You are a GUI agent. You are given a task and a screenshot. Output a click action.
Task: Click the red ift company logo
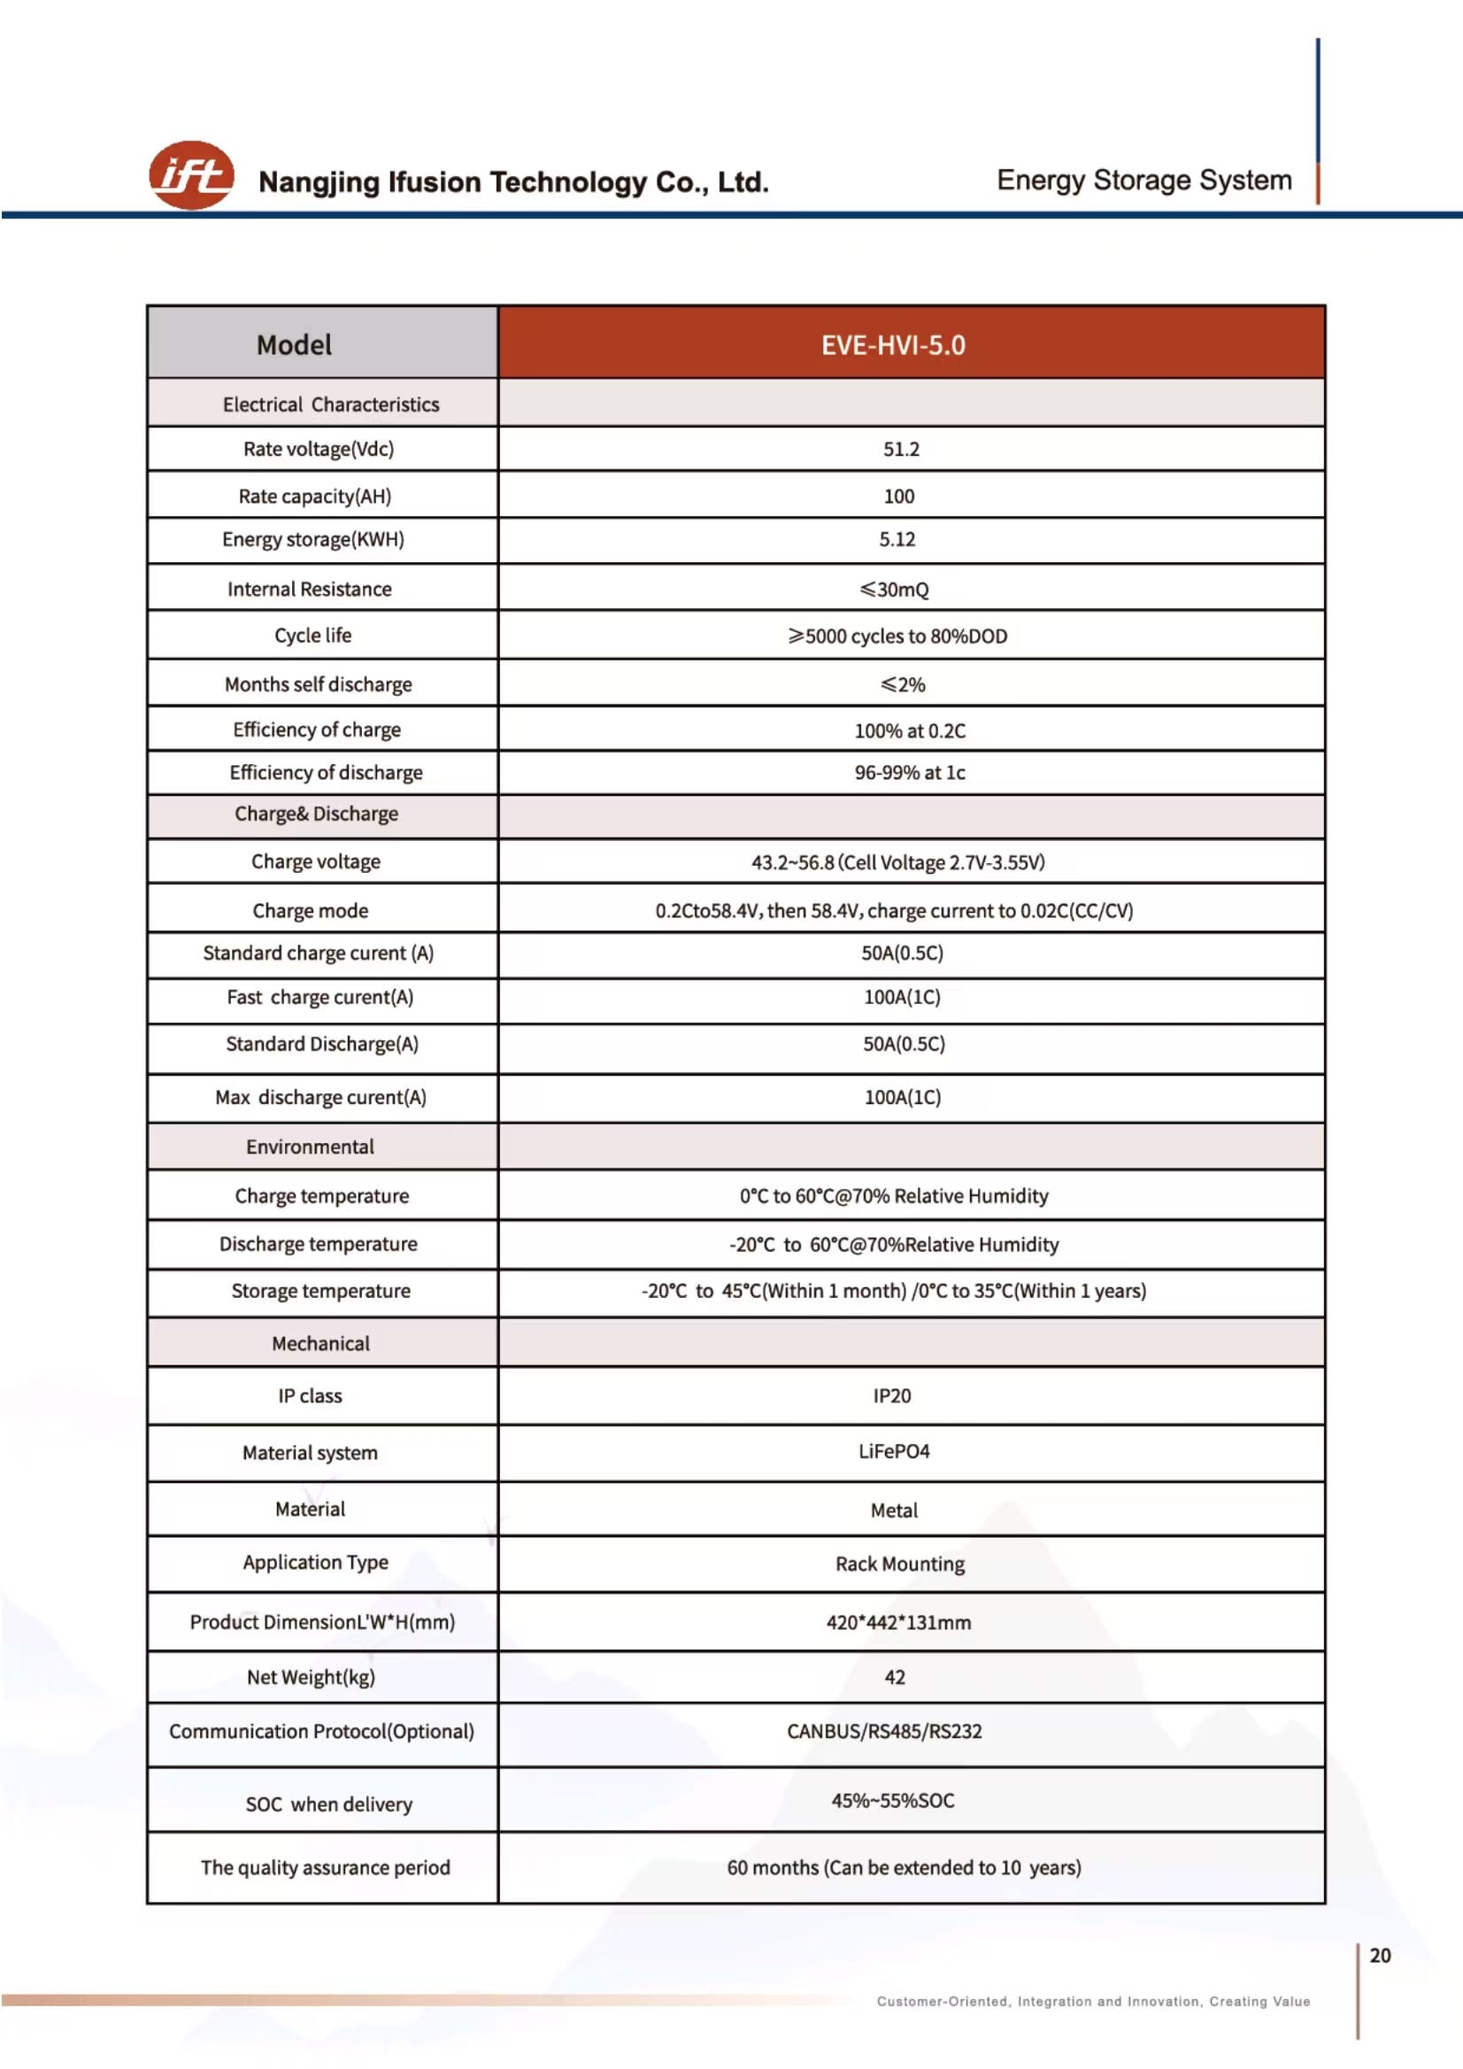point(191,174)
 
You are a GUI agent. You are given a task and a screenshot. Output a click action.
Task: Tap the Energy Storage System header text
point(1143,181)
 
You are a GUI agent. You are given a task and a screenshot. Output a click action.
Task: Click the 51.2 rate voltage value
point(901,449)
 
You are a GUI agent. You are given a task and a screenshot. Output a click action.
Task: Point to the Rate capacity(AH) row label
point(314,497)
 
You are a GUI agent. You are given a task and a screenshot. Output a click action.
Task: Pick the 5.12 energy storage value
point(897,540)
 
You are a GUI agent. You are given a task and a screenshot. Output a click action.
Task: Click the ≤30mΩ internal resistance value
point(894,590)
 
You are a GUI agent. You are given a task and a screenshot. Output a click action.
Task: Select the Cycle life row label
point(312,636)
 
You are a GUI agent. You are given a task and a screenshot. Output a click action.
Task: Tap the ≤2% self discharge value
point(903,685)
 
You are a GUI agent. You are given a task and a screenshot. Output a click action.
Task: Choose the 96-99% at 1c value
point(910,772)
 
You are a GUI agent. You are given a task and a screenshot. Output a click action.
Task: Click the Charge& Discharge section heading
point(316,814)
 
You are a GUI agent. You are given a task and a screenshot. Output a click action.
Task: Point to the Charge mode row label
point(310,911)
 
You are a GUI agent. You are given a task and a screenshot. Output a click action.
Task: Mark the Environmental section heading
point(310,1146)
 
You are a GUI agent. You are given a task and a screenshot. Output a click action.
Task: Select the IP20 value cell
point(892,1396)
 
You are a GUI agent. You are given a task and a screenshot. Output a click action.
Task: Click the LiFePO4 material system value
point(894,1452)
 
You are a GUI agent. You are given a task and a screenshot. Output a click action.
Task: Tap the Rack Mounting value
point(900,1563)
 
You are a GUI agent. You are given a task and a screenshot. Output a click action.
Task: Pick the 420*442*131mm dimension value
point(898,1623)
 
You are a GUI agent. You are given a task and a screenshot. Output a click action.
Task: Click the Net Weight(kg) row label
point(311,1677)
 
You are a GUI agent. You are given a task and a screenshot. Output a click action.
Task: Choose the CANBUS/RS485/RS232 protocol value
point(884,1731)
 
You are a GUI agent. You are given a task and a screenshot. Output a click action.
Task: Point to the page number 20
point(1379,1956)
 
